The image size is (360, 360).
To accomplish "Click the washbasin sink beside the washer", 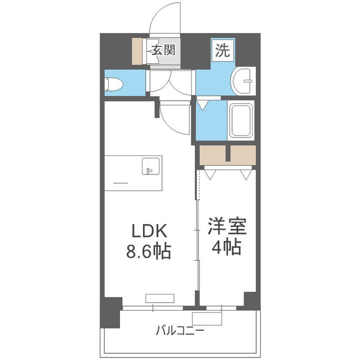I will pyautogui.click(x=243, y=79).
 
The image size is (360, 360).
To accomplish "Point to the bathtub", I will pyautogui.click(x=241, y=120).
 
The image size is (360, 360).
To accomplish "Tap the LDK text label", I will pyautogui.click(x=148, y=231).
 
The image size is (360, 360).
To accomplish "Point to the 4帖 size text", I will pyautogui.click(x=227, y=246).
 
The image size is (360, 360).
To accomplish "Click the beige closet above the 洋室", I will pyautogui.click(x=227, y=155).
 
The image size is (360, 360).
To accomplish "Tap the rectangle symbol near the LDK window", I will pyautogui.click(x=160, y=298).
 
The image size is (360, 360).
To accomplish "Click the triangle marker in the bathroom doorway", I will pyautogui.click(x=203, y=105).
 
